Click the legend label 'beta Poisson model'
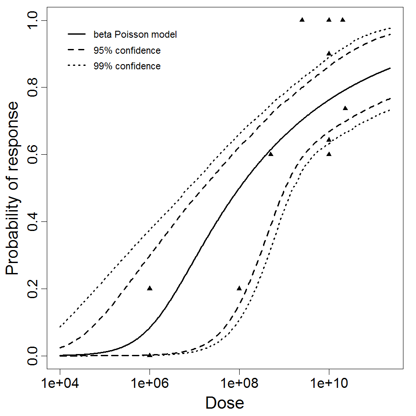coord(135,34)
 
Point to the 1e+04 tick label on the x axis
coord(60,384)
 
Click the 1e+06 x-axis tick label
coord(149,384)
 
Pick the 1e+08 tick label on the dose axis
coord(239,384)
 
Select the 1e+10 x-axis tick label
coord(329,384)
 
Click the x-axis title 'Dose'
coord(224,403)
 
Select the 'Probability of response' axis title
coord(13,188)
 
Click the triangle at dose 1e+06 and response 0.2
coord(149,288)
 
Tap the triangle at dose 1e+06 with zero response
coord(149,355)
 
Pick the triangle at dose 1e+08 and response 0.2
coord(239,288)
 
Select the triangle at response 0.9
coord(329,53)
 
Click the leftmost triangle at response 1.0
coord(302,19)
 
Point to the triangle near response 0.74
coord(345,108)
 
